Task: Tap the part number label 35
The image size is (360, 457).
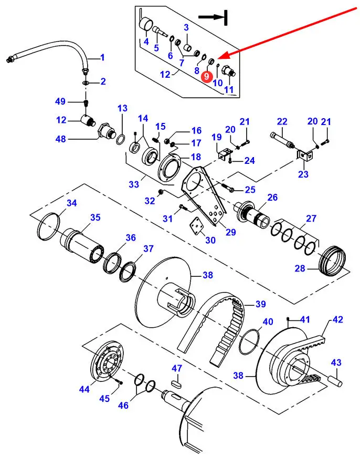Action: point(95,217)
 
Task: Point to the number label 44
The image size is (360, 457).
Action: point(84,389)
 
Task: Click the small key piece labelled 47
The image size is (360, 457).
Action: point(177,382)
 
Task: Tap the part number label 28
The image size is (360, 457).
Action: point(300,269)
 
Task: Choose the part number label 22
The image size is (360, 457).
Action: point(282,122)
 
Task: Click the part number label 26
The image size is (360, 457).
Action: point(287,198)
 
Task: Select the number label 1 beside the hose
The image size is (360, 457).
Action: point(102,57)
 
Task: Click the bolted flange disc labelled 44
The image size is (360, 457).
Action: point(108,363)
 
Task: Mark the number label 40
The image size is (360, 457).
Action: point(268,322)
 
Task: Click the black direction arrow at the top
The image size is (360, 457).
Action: point(212,17)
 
